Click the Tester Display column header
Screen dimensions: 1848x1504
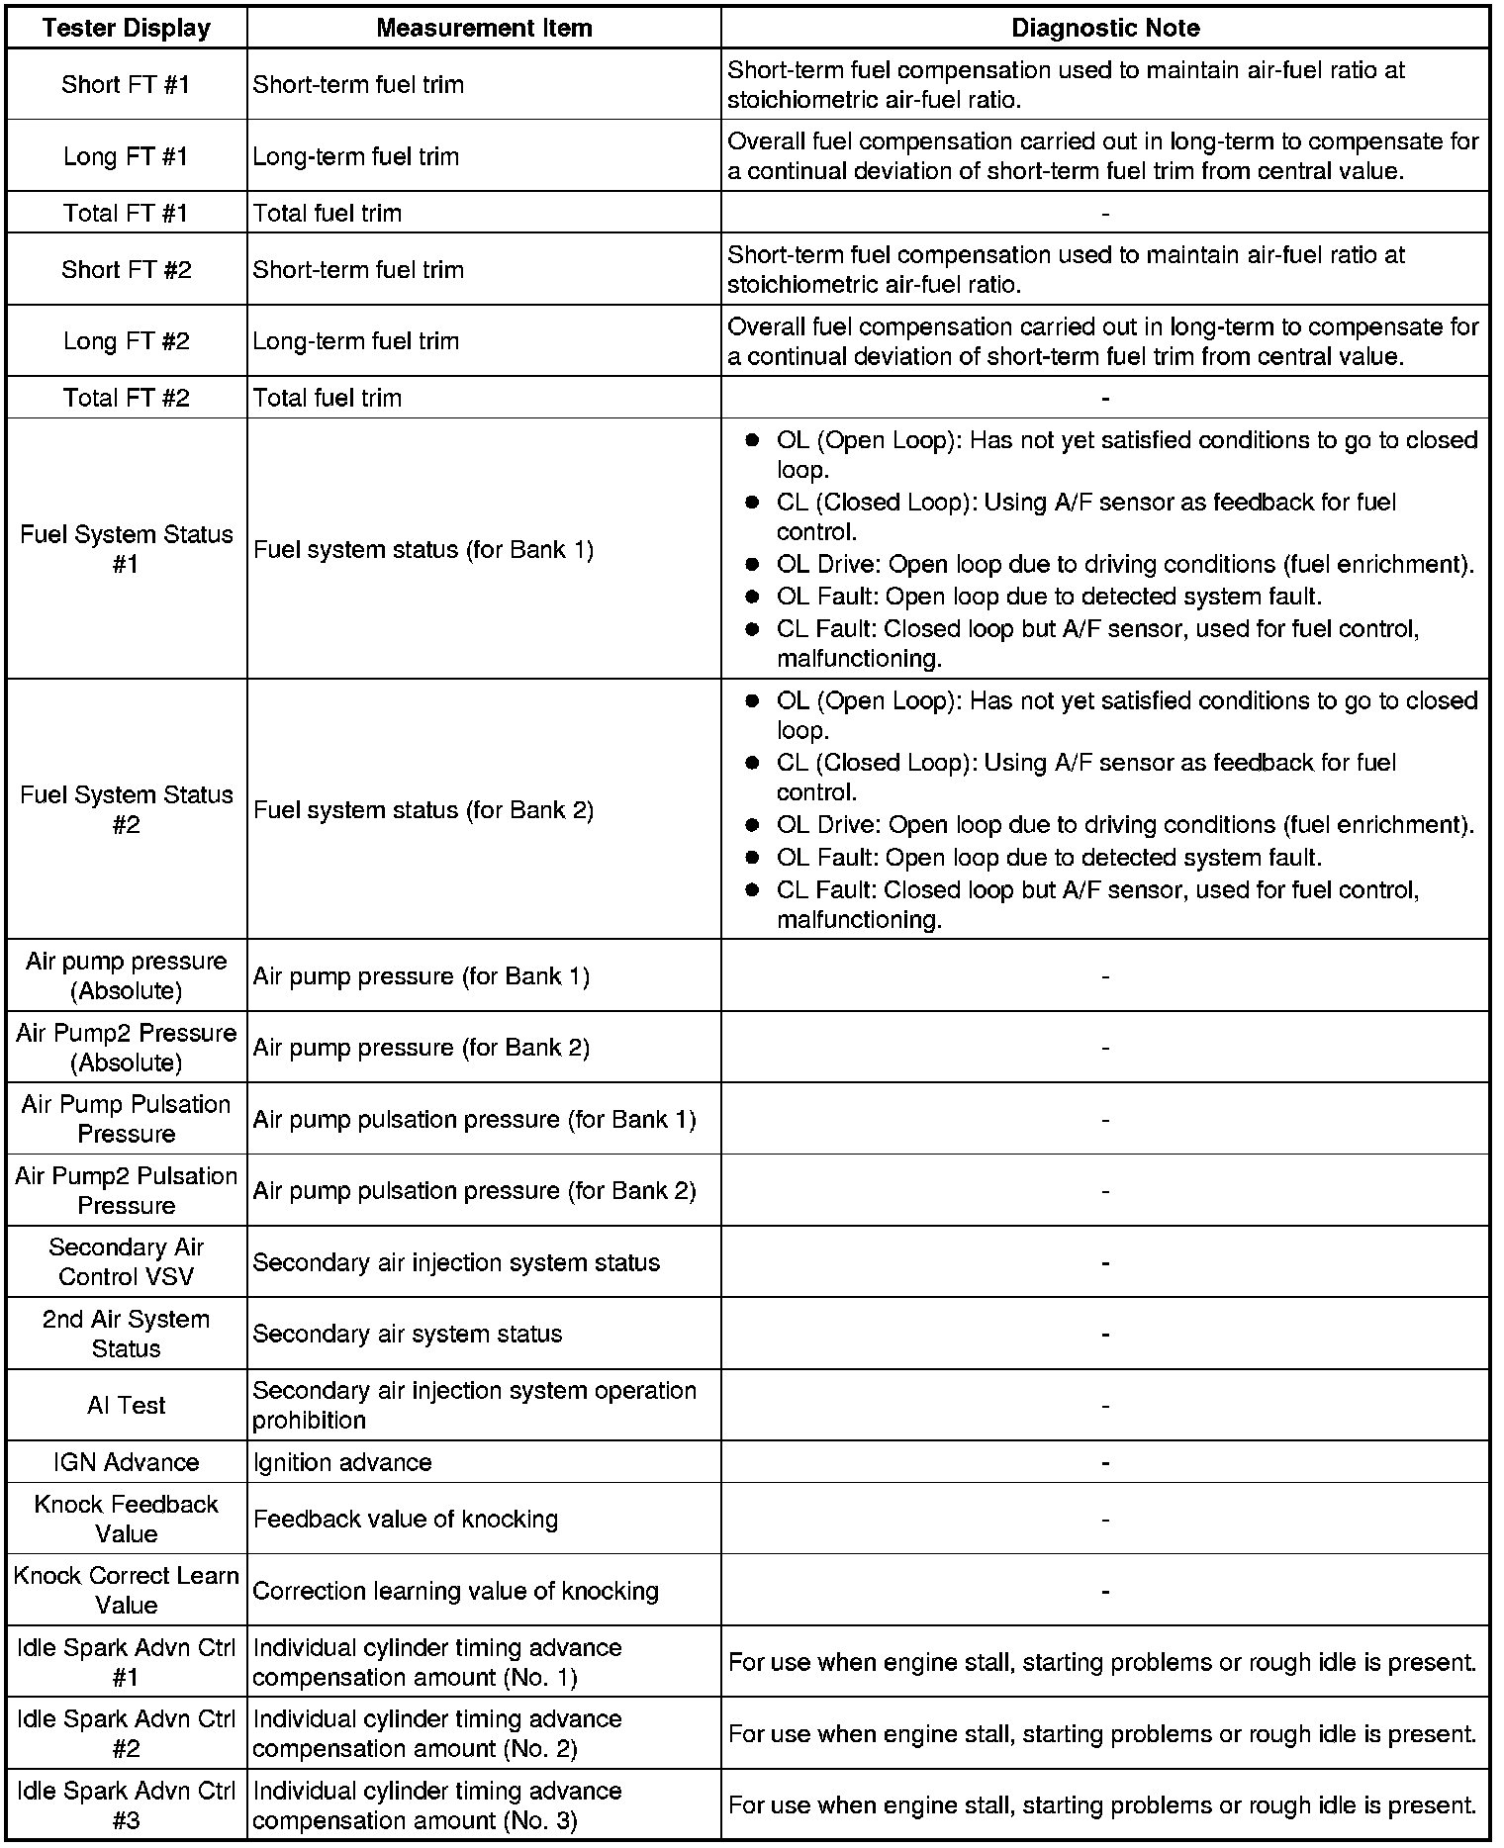[126, 28]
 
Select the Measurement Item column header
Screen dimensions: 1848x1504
[484, 28]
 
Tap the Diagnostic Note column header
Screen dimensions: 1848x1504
[1105, 28]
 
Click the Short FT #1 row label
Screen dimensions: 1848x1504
[126, 84]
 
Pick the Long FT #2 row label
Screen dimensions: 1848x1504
[126, 341]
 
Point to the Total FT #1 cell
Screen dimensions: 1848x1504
[126, 213]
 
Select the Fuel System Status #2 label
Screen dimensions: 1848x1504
[126, 809]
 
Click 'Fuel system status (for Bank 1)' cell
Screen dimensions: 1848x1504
[423, 549]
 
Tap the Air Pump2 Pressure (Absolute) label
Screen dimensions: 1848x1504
[126, 1047]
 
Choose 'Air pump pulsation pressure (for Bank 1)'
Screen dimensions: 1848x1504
[475, 1119]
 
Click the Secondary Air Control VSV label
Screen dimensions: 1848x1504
[126, 1261]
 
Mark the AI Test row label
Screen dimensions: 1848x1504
[126, 1405]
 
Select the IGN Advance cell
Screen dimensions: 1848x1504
[126, 1462]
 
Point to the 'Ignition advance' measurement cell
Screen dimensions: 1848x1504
[342, 1462]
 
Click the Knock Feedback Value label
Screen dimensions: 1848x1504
[126, 1519]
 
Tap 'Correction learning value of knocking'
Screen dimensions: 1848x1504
[456, 1591]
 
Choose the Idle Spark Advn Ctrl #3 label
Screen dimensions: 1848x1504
[126, 1805]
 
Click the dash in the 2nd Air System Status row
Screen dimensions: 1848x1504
[1105, 1335]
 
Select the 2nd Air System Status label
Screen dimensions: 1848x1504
[126, 1334]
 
